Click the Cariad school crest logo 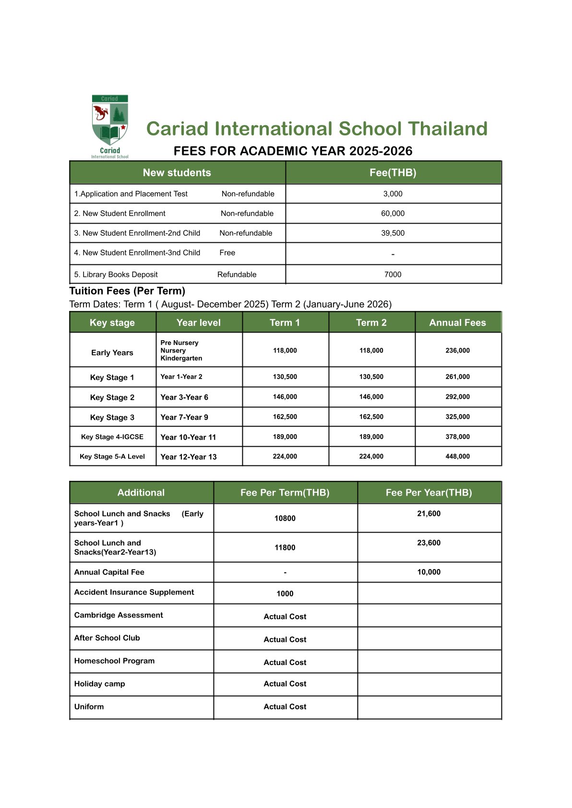(110, 126)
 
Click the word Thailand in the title (447, 129)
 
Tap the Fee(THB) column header (393, 173)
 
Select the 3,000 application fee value (393, 194)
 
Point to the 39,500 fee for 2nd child (393, 233)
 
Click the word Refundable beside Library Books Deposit (237, 274)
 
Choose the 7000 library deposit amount (393, 274)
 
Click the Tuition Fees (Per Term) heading (127, 291)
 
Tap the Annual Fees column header (457, 322)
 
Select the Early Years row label (112, 353)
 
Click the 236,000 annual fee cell (457, 351)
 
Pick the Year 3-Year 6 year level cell (184, 397)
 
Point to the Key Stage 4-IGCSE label (112, 437)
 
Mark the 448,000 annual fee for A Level (457, 456)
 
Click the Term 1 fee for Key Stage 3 (285, 417)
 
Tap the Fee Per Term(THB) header (285, 493)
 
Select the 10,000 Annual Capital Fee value (429, 572)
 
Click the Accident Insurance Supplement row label (134, 592)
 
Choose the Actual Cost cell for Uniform (285, 707)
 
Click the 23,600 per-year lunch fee (429, 543)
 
